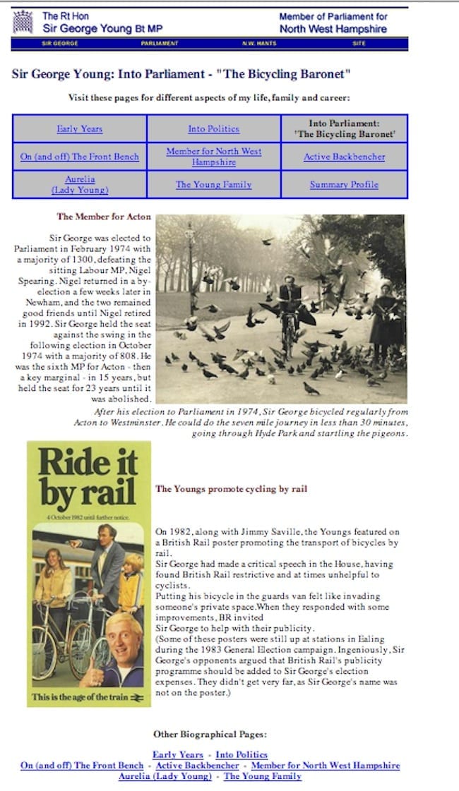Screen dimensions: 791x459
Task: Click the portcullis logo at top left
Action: [25, 22]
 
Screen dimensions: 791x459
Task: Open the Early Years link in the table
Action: [79, 129]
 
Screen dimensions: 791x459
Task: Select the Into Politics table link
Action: [213, 129]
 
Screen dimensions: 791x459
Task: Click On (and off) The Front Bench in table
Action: [79, 157]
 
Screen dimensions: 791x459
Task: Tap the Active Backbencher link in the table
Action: [344, 157]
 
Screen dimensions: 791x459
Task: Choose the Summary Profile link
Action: [344, 185]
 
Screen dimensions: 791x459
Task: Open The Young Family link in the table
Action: [213, 185]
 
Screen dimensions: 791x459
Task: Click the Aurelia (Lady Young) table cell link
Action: [79, 185]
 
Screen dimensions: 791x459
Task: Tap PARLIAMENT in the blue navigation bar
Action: [160, 44]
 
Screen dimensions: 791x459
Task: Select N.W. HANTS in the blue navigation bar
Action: [259, 44]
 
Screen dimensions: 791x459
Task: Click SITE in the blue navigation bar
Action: [359, 44]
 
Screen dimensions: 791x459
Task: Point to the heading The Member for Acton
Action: [104, 217]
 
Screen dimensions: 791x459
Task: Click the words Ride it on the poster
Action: [78, 463]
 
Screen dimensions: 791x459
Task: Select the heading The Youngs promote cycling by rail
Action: [231, 488]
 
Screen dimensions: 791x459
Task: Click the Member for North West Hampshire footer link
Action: [325, 766]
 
